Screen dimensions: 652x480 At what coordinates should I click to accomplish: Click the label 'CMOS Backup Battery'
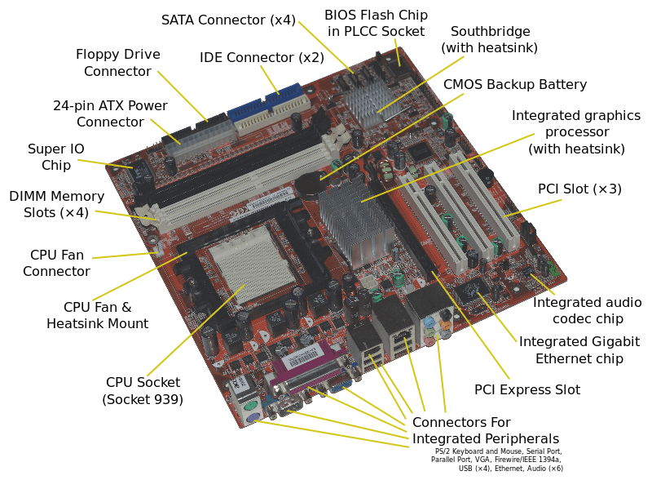[x=515, y=85]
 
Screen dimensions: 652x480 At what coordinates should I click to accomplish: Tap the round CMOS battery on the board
[x=310, y=184]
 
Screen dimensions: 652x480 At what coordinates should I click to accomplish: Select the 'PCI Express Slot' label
[x=527, y=390]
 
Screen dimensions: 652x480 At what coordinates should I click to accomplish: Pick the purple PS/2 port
[x=253, y=419]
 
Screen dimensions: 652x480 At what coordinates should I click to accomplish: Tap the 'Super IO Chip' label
[x=56, y=157]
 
